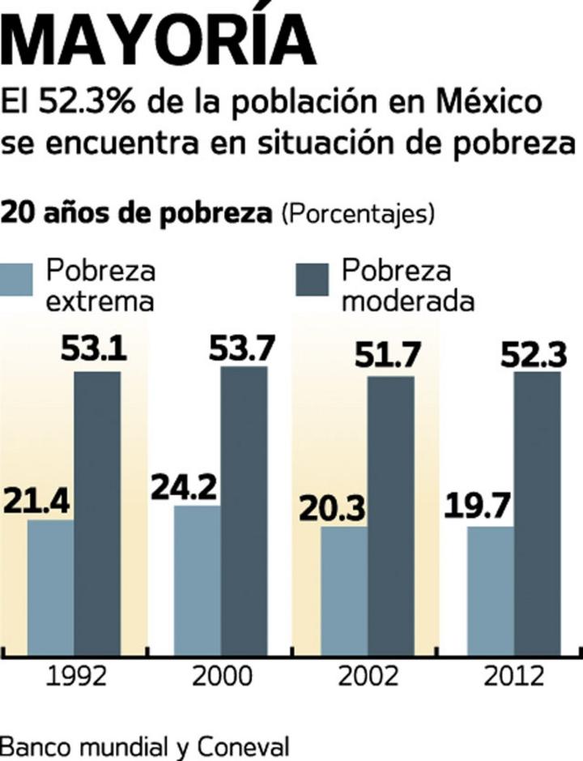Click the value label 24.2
[x=185, y=488]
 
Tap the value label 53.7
[x=242, y=348]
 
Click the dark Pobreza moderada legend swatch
[x=313, y=280]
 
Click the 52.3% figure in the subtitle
[x=83, y=104]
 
